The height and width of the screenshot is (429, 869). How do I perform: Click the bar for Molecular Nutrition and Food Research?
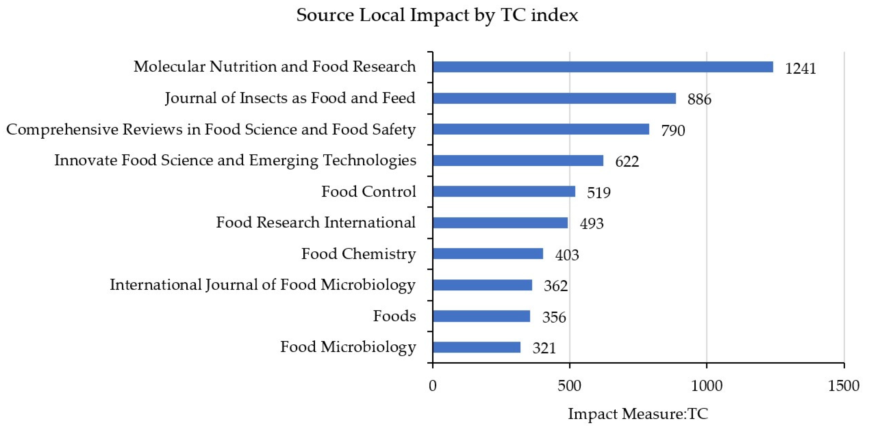[x=602, y=67]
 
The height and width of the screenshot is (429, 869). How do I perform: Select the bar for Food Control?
[x=504, y=191]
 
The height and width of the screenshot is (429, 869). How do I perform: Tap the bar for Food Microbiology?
[x=476, y=347]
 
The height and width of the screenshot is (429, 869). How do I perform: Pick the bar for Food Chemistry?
[x=488, y=254]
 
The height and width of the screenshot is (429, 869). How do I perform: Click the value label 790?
[x=673, y=131]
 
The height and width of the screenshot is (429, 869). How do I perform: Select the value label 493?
[x=591, y=224]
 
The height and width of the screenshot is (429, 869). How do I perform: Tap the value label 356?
[x=554, y=317]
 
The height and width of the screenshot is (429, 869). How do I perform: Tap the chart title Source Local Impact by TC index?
[x=437, y=15]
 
